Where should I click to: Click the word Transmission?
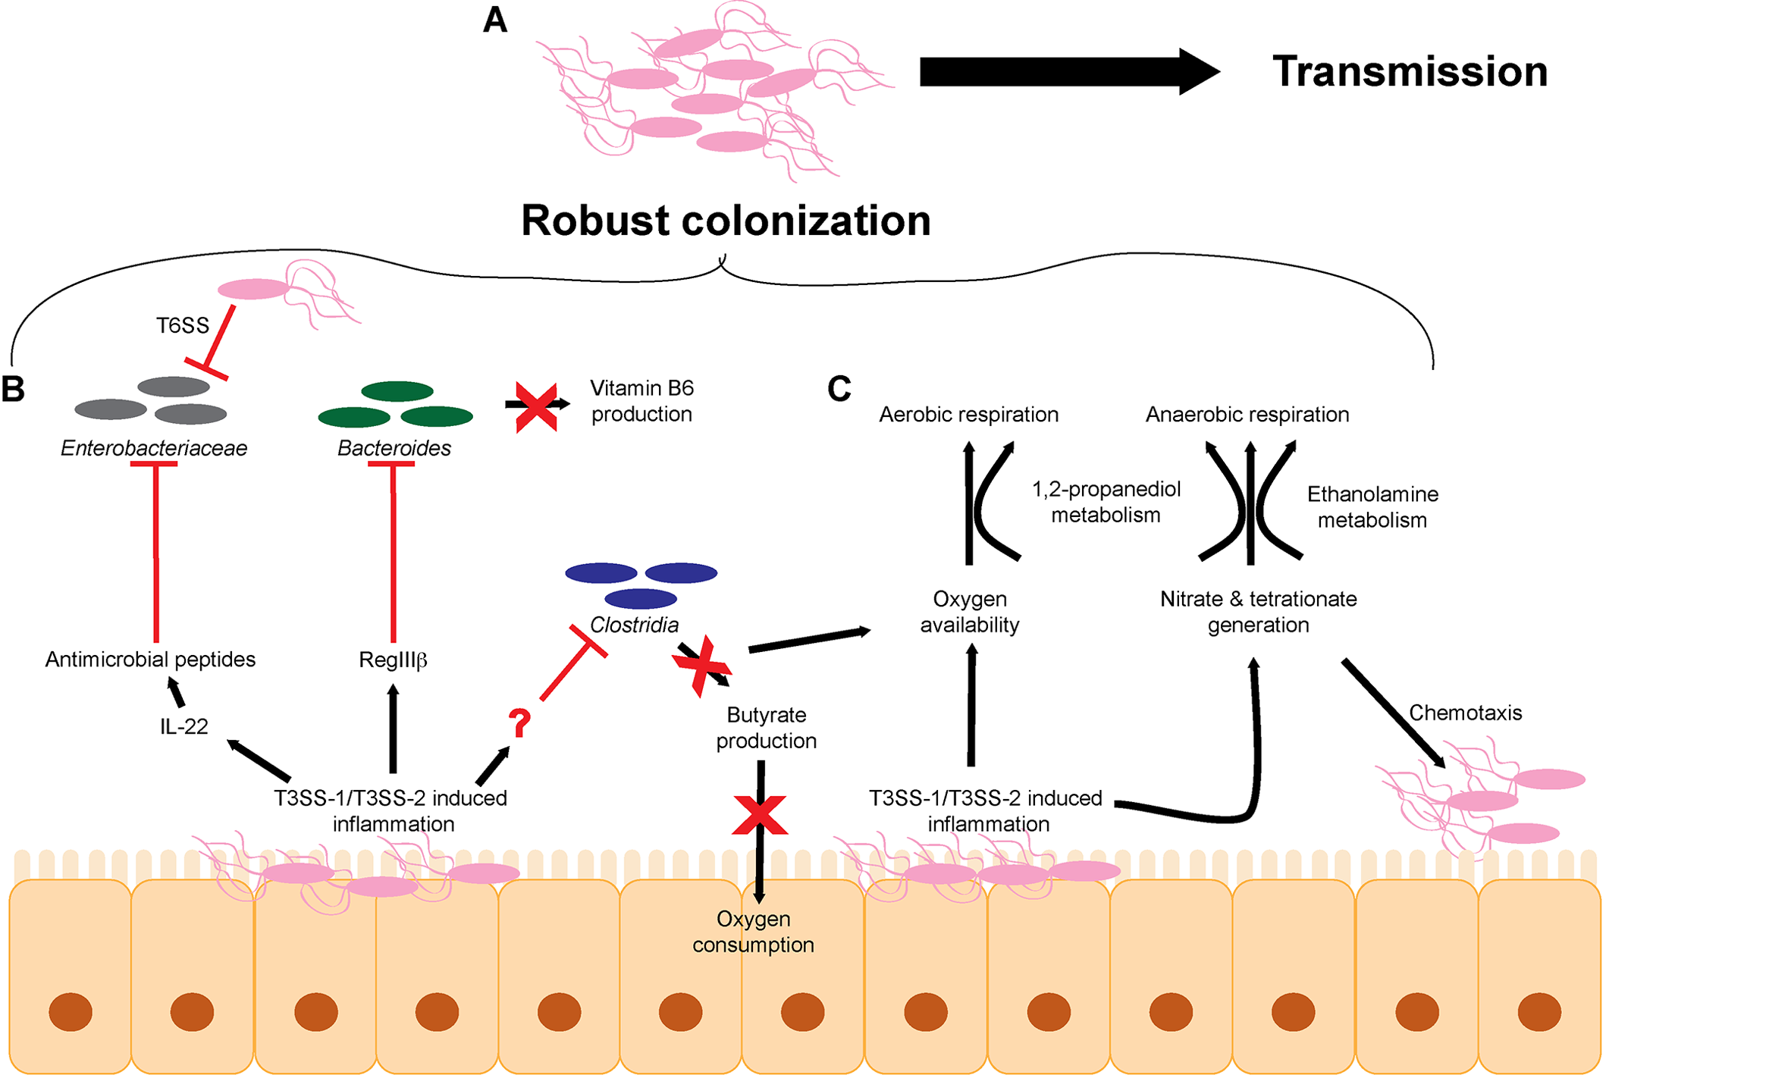(1409, 72)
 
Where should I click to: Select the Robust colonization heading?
(726, 221)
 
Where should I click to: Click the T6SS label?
(182, 326)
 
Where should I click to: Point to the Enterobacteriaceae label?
(154, 448)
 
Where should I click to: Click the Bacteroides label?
(394, 448)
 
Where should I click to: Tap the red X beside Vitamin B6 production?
(536, 406)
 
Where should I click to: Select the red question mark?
(519, 723)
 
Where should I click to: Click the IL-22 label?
(183, 726)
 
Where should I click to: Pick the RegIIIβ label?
(393, 660)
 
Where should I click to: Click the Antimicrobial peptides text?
(150, 660)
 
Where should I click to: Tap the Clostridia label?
(634, 625)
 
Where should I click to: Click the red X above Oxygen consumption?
(760, 816)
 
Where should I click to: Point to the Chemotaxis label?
(1465, 713)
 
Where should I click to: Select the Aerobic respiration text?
(968, 415)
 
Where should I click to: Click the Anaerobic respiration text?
(1247, 415)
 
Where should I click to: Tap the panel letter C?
(839, 389)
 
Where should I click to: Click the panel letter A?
(494, 20)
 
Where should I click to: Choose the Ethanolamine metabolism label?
(1372, 507)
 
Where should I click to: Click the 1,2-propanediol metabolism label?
(1106, 502)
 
